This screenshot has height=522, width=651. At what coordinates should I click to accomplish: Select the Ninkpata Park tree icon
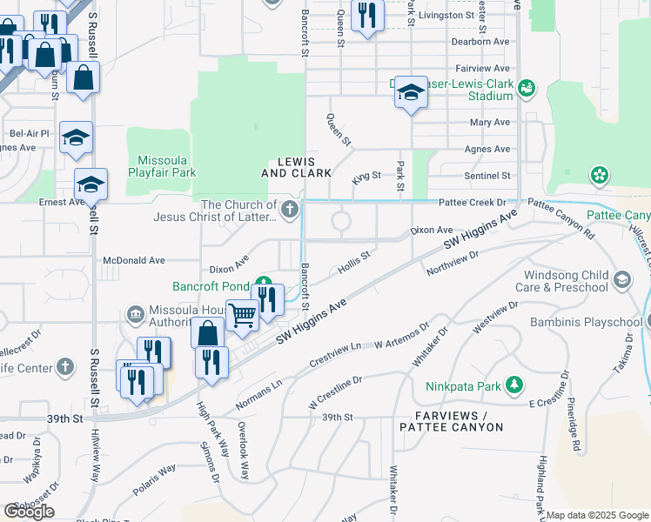[515, 384]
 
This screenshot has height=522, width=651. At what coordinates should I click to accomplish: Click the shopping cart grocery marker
[241, 315]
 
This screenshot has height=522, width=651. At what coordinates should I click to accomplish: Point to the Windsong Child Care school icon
[621, 279]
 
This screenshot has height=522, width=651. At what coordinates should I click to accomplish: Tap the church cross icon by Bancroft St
[289, 210]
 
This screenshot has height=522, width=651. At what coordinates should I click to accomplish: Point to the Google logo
[30, 511]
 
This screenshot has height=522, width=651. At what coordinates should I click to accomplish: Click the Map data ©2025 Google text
[597, 515]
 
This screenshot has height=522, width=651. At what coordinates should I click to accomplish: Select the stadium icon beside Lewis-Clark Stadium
[527, 89]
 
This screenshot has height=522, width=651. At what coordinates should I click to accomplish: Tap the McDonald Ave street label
[133, 260]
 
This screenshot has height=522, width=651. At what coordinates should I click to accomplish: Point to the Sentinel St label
[487, 176]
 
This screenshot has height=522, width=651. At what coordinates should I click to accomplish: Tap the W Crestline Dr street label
[335, 393]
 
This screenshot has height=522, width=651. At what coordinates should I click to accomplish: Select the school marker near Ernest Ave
[91, 184]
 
